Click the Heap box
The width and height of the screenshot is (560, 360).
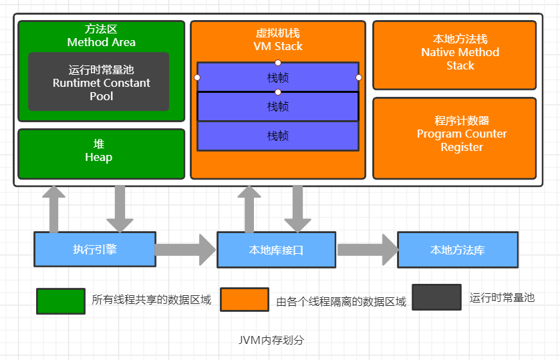point(101,154)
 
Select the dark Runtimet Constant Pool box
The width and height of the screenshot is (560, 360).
point(99,82)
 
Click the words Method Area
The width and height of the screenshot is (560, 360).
point(101,42)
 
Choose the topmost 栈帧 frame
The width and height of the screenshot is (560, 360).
point(278,77)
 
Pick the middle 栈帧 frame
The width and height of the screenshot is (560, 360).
point(278,106)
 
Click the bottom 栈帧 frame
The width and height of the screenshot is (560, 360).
point(278,136)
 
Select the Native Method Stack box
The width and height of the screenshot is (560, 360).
point(454,55)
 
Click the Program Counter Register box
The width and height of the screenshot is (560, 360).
point(454,138)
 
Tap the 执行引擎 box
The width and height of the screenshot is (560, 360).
point(95,249)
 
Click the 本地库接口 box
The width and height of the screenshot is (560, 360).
point(276,250)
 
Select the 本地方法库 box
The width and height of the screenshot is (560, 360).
point(458,250)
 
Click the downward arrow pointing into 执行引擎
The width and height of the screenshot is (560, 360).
point(120,208)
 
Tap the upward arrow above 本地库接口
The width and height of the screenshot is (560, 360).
point(249,208)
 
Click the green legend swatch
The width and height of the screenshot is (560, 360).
point(60,301)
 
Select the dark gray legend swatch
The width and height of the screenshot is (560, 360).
point(436,297)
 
